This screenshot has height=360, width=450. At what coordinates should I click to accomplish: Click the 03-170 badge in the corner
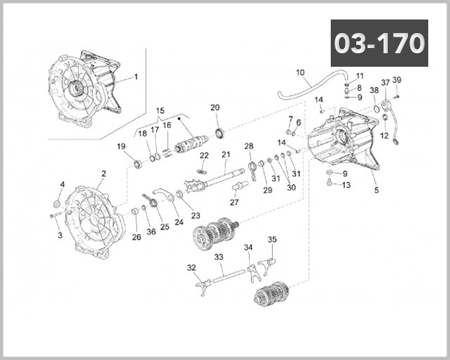[379, 43]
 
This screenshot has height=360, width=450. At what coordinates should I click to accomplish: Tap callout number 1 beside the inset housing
[136, 76]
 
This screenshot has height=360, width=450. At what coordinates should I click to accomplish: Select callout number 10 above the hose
[301, 73]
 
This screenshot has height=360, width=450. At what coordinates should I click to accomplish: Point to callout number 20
[215, 107]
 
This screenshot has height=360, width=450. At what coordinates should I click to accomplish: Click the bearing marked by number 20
[220, 133]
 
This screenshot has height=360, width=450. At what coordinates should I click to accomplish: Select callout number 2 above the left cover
[103, 174]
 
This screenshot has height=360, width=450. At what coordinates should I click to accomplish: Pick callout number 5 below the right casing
[376, 190]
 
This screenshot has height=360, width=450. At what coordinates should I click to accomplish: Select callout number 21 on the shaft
[224, 155]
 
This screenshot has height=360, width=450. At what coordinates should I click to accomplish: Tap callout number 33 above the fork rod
[219, 256]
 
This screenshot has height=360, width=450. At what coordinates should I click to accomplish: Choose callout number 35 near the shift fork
[272, 240]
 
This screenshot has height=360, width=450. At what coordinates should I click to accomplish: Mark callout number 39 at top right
[397, 80]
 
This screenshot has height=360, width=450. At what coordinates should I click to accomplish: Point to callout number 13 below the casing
[346, 185]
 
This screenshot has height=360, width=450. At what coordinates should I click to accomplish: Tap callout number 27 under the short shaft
[234, 202]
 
